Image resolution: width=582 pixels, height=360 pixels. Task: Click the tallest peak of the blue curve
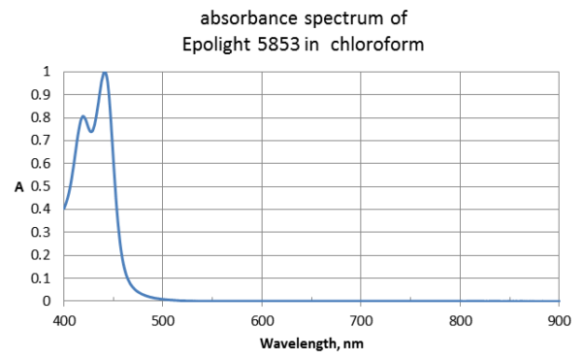point(105,73)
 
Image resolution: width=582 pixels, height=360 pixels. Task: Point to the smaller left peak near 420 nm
point(83,116)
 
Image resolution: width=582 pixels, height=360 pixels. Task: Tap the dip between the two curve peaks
point(91,131)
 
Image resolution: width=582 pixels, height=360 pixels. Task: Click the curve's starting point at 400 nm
point(64,209)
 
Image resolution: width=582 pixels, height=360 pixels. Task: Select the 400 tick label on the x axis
point(64,319)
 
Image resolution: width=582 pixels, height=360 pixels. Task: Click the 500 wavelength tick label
point(163,319)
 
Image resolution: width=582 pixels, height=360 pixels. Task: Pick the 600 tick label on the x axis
point(262,319)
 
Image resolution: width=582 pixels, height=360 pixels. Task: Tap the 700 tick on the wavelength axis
point(361,319)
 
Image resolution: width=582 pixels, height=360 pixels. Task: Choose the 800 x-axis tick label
point(460,319)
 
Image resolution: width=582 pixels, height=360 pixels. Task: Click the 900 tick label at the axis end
point(559,319)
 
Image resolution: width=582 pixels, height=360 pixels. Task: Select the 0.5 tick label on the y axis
point(40,186)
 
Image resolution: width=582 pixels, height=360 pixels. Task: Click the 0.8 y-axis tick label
point(40,117)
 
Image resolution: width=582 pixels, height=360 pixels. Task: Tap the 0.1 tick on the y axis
point(40,278)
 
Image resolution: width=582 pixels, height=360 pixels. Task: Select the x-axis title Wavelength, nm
point(311,343)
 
